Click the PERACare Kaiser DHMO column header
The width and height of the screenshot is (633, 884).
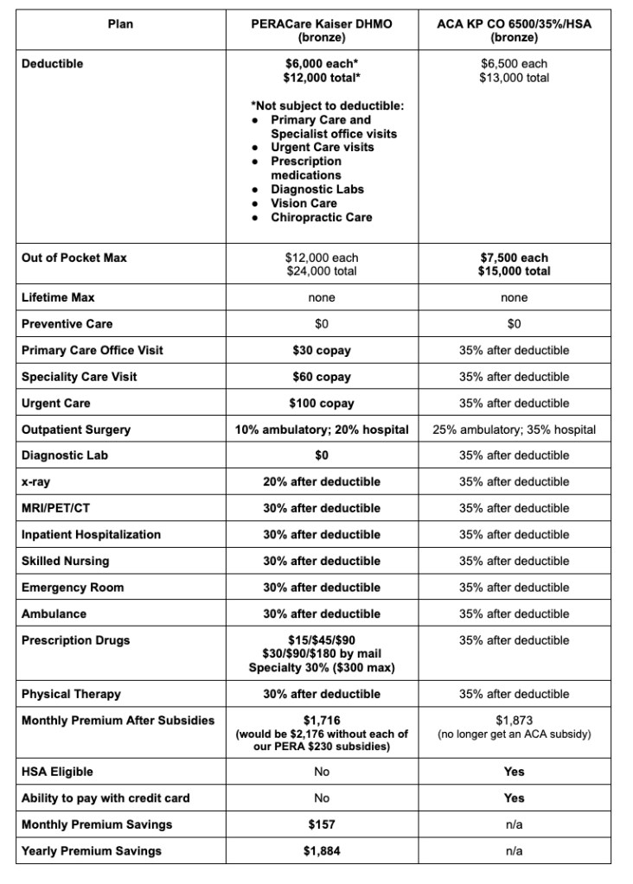point(321,31)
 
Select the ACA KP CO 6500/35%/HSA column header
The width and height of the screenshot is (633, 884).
point(514,31)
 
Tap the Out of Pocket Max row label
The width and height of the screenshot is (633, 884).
point(74,258)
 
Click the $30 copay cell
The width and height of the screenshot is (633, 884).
point(321,350)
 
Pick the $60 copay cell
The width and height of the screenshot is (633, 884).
point(321,377)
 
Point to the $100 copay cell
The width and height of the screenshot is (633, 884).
point(321,404)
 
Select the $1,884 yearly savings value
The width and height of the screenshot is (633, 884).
point(321,851)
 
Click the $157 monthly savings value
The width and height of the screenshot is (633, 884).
point(321,824)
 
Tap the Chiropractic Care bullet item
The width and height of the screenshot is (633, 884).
point(321,217)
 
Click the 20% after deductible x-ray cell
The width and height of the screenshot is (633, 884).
point(321,481)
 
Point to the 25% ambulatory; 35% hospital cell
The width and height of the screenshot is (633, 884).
point(514,429)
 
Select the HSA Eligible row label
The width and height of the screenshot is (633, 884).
point(57,772)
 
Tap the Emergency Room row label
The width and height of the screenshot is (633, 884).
point(73,588)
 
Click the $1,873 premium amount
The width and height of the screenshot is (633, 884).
point(514,721)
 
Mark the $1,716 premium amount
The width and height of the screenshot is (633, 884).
point(321,721)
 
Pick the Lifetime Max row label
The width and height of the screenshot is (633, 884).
point(58,297)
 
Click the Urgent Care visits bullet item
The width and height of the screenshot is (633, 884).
point(322,148)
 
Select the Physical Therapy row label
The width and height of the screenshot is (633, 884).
point(71,694)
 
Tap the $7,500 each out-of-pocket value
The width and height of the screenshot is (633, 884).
point(514,258)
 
